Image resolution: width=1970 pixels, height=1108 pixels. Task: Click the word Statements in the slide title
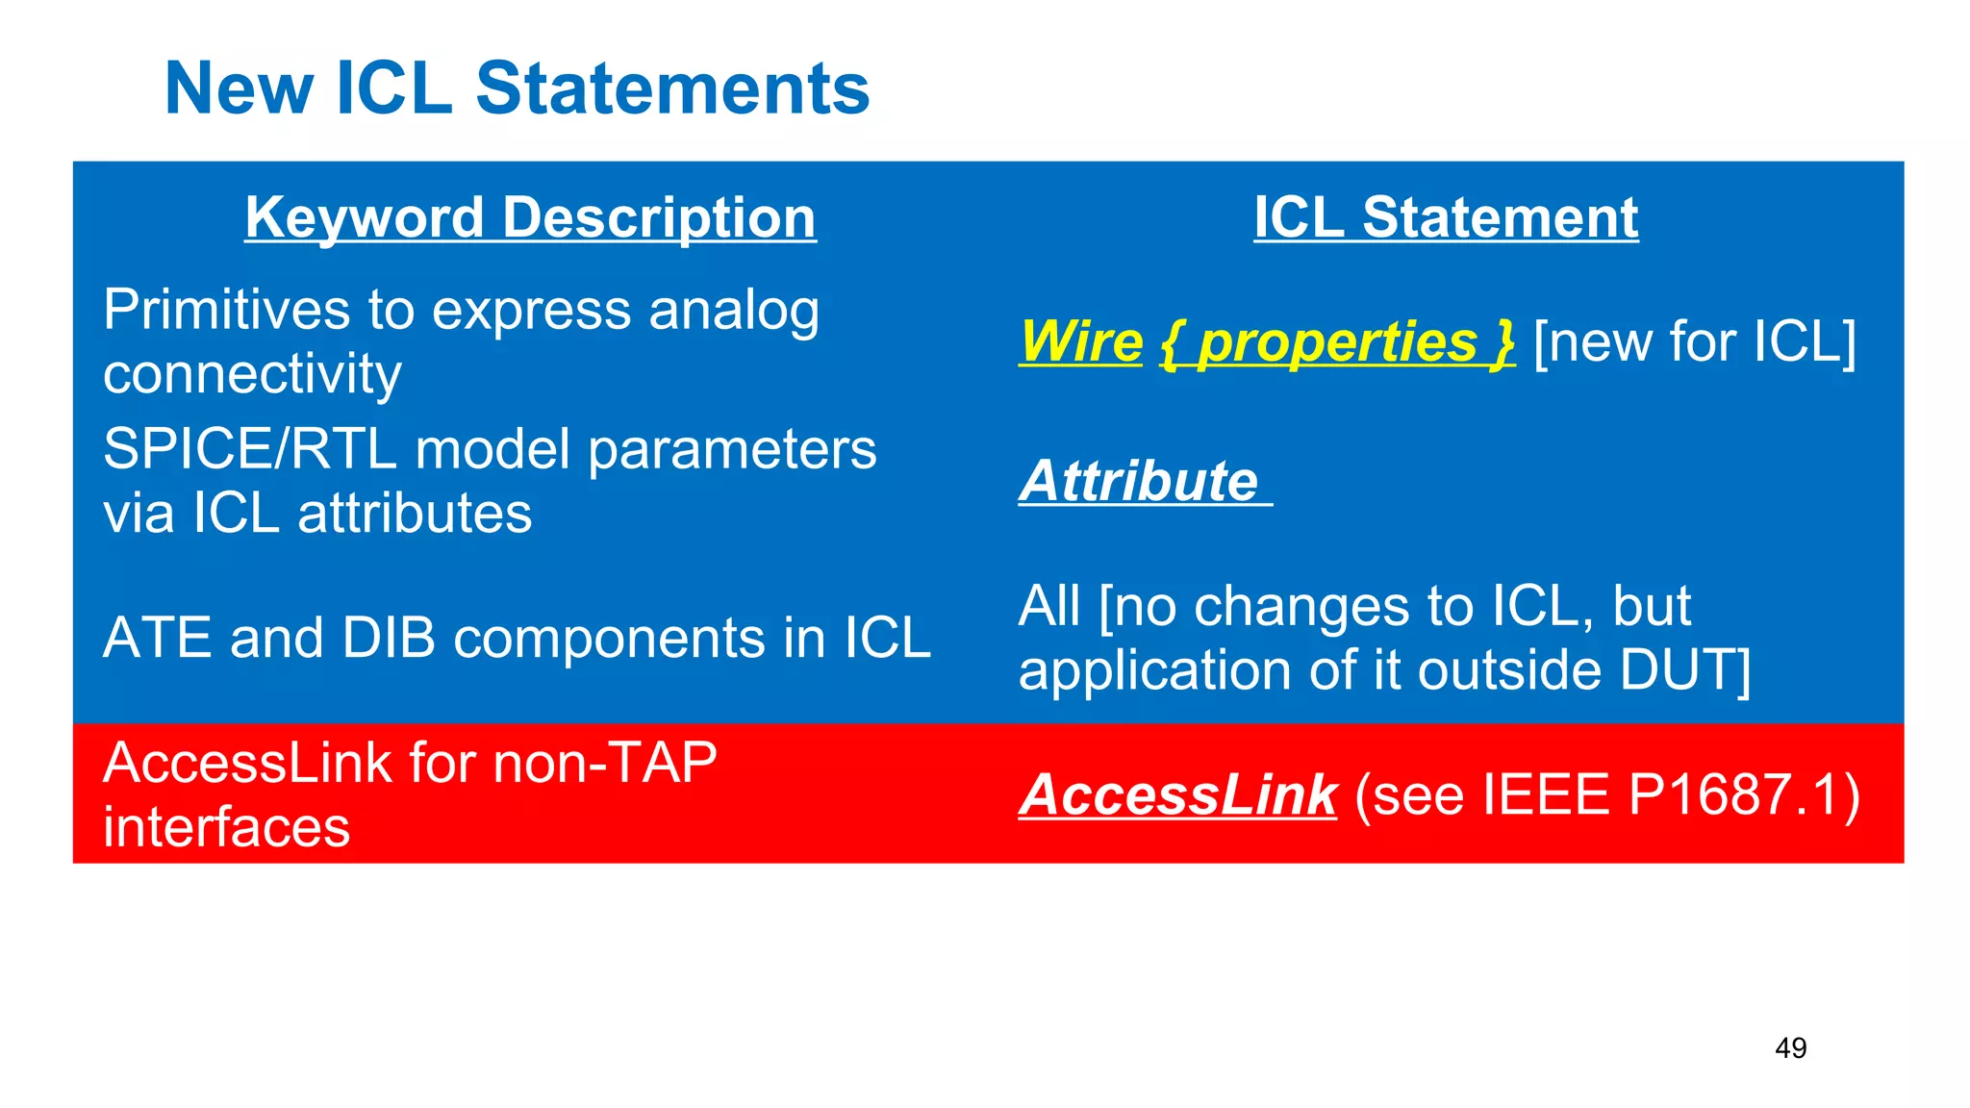(x=672, y=88)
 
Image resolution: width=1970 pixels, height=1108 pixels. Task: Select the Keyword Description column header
(x=530, y=217)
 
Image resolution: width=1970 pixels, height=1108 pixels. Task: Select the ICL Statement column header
(x=1445, y=217)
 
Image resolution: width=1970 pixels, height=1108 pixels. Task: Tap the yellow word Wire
(x=1080, y=341)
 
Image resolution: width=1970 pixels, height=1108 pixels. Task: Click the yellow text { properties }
(x=1337, y=342)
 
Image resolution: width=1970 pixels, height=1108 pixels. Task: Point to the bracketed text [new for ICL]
(x=1694, y=341)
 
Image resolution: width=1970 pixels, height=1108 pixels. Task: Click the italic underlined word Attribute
(x=1139, y=481)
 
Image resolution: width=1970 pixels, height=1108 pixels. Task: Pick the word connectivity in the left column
(x=252, y=374)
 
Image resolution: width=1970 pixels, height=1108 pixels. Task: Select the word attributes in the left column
(x=415, y=513)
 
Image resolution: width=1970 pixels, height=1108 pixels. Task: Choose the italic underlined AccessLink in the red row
(x=1177, y=795)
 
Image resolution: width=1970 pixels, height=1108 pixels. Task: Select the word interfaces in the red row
(x=226, y=827)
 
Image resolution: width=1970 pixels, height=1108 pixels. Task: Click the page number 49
(x=1790, y=1047)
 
